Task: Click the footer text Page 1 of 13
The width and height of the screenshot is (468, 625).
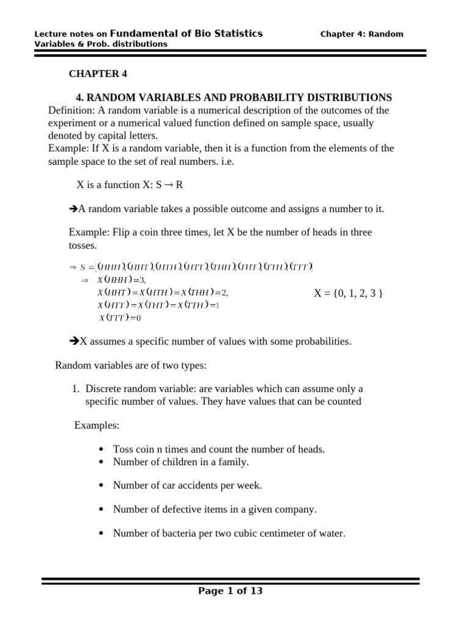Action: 230,591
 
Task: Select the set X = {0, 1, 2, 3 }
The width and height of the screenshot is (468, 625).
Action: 348,294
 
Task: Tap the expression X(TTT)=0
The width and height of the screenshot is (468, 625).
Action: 121,318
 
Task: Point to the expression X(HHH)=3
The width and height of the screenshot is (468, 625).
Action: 122,280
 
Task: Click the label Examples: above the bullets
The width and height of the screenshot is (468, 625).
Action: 97,425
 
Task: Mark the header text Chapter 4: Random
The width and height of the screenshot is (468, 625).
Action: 361,34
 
